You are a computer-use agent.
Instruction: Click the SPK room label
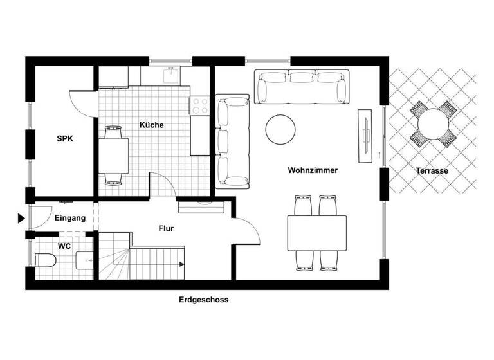tap(65, 138)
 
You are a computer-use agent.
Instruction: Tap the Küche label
tap(151, 125)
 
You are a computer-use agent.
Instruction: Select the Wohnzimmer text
tap(313, 170)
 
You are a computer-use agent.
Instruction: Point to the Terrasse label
tap(432, 171)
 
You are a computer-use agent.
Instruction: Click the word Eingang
tap(69, 218)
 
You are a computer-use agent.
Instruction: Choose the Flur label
tap(166, 228)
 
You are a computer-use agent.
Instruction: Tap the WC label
tap(64, 246)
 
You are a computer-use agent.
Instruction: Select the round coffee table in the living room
tap(282, 129)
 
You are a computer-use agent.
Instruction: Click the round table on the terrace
tap(432, 122)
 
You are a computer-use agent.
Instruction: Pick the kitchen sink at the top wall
tap(170, 76)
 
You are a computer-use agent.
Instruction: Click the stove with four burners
tap(199, 105)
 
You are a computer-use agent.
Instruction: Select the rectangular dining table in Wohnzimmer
tap(316, 232)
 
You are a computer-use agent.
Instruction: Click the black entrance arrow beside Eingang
tap(21, 218)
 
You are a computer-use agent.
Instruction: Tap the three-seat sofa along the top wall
tap(302, 87)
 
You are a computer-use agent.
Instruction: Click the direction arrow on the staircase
tap(182, 264)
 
